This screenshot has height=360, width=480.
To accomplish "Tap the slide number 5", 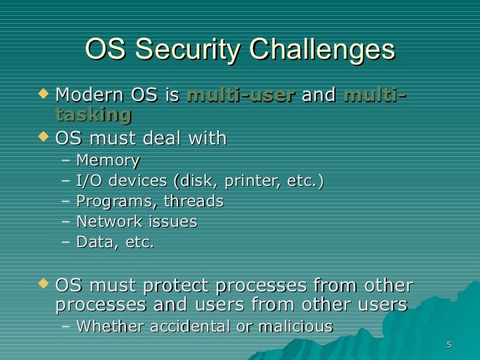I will tap(448, 345).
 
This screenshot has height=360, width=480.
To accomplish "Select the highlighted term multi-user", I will tap(240, 96).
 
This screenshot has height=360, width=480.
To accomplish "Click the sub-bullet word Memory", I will tap(107, 160).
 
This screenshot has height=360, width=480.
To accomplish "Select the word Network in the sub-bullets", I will tap(107, 222).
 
